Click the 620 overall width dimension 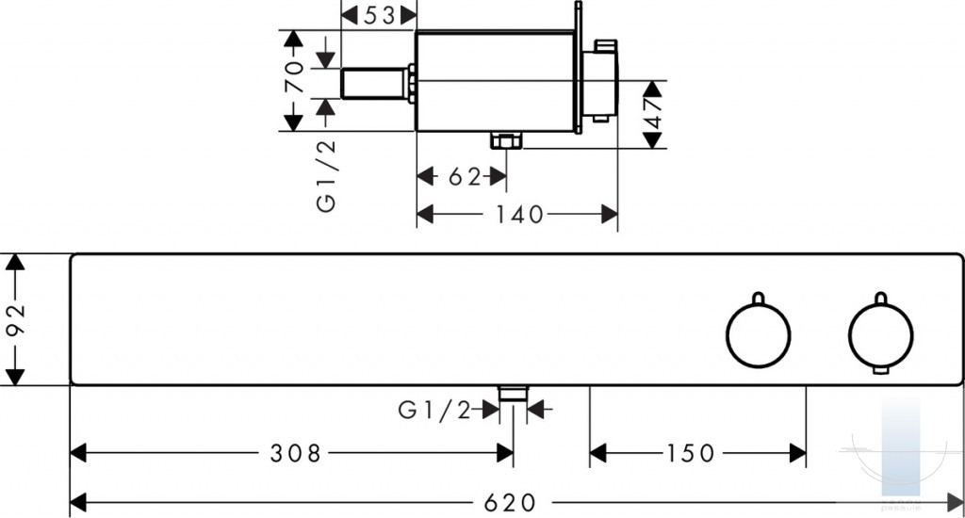[510, 503]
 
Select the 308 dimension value [295, 453]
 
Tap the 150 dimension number [691, 453]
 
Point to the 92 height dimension [15, 319]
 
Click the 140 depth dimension [520, 214]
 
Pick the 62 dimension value [464, 176]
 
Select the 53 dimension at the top [379, 15]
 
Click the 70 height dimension [294, 76]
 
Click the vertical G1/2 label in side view [326, 176]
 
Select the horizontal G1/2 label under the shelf [434, 410]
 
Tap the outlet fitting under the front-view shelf [514, 394]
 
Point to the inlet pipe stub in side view [373, 83]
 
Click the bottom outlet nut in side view [506, 141]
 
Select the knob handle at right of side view [600, 80]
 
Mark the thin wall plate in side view [578, 68]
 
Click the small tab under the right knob [881, 370]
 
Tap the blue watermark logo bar [901, 446]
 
